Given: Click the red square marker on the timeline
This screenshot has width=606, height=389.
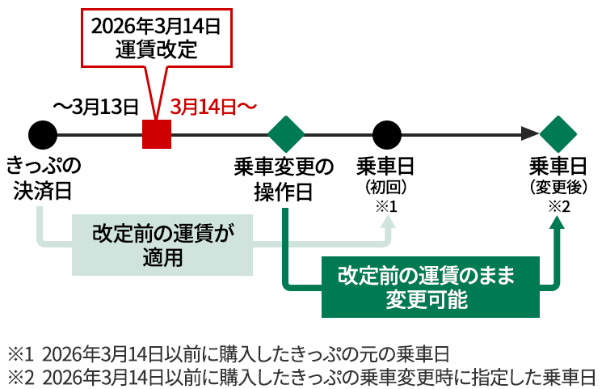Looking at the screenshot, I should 157,133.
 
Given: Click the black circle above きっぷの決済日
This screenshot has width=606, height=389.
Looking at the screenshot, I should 42,133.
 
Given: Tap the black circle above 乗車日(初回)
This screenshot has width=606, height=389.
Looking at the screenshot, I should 387,133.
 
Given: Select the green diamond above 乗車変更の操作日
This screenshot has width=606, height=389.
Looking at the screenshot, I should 284,133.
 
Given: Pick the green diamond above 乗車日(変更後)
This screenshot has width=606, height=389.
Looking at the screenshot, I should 558,133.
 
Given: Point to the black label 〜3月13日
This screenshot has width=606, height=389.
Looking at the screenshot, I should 95,106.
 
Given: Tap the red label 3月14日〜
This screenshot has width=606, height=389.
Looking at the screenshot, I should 214,106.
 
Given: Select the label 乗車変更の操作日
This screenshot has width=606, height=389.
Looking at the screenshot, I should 284,179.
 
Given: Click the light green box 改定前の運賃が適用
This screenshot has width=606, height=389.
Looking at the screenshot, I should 162,244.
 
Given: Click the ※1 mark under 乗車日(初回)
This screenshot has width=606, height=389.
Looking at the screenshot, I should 387,207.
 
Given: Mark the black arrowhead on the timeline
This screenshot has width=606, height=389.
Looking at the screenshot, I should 530,133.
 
